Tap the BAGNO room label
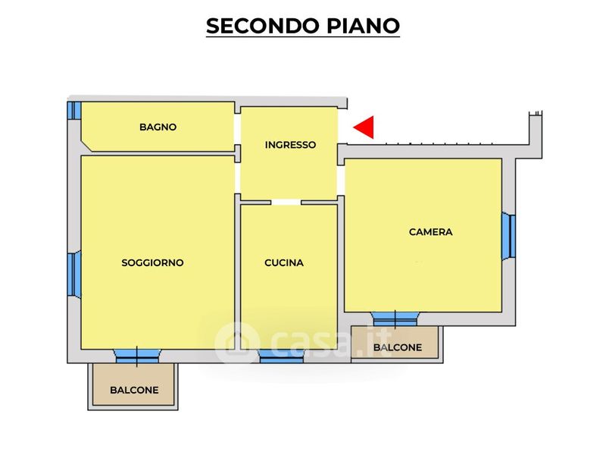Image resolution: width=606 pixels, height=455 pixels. [x=158, y=127]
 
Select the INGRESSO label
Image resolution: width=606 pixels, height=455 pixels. [x=290, y=145]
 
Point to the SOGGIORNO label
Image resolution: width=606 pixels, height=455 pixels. [x=152, y=263]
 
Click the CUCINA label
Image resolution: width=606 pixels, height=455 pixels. [x=284, y=263]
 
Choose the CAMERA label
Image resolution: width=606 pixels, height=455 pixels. [x=430, y=232]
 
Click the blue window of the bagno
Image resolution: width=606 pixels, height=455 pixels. [x=73, y=111]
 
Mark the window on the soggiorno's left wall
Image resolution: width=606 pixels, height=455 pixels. [x=73, y=274]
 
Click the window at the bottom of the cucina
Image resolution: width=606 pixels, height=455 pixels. [x=281, y=358]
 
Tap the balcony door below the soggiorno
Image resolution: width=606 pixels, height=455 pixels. [x=137, y=354]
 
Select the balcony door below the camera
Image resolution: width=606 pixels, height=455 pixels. [x=395, y=318]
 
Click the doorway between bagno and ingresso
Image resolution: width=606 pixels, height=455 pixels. [x=237, y=128]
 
